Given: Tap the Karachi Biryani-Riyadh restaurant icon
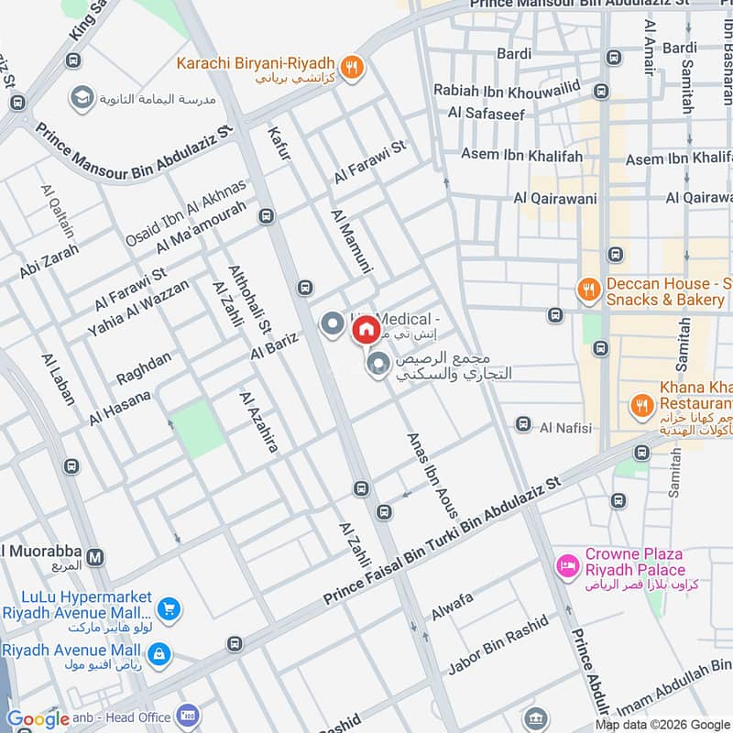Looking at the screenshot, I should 350,66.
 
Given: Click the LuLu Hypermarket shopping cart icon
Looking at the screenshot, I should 168,608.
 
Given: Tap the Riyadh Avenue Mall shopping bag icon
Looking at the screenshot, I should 159,653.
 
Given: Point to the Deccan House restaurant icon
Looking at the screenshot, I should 587,290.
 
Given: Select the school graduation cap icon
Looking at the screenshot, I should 82,97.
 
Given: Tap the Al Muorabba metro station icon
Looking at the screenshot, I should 95,556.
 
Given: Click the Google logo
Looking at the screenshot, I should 38,719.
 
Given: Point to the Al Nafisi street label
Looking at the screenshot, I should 566,427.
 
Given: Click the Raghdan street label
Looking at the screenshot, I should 143,368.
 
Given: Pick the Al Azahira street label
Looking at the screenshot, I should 257,421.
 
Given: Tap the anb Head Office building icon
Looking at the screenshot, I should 190,715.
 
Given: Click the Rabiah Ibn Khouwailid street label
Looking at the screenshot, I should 510,92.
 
